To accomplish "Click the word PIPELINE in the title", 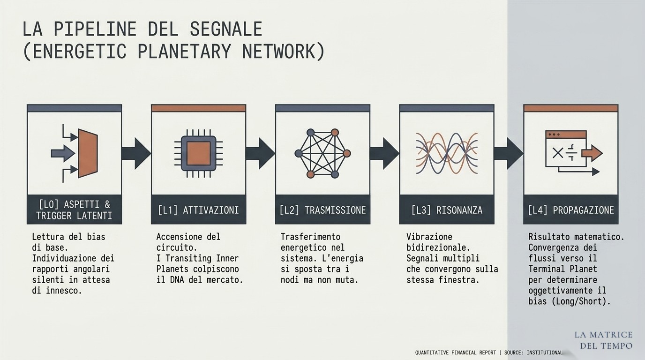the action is pos(95,29).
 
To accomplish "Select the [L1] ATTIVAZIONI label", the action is pos(198,210).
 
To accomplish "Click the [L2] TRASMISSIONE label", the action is pos(322,210).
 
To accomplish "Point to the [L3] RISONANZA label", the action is pos(447,210).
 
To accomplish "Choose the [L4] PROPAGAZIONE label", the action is pos(571,210).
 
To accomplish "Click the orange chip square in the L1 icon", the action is pos(199,153).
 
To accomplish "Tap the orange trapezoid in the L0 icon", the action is pos(88,153).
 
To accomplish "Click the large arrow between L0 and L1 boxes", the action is pos(136,153).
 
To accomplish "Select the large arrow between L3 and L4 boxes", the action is pos(509,153).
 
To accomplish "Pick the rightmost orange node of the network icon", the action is pos(347,153).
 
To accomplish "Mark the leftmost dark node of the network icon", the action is pos(299,153).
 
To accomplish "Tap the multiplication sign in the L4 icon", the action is pos(558,153).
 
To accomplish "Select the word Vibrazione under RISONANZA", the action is pos(429,237).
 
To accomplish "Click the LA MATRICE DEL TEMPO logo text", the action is pos(604,340).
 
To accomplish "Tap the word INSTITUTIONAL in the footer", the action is pos(544,352).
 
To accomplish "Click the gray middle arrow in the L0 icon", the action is pos(63,153).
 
